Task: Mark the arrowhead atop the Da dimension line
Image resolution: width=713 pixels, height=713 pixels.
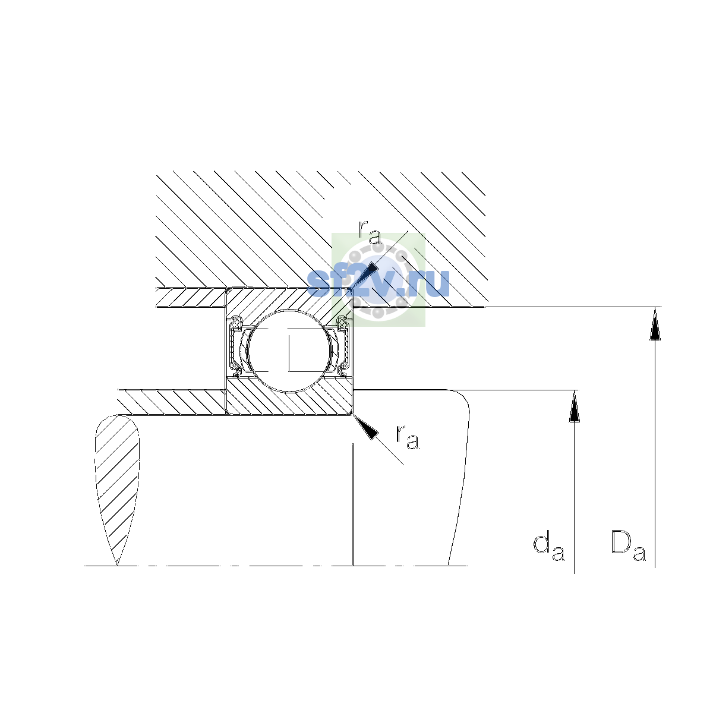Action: (655, 324)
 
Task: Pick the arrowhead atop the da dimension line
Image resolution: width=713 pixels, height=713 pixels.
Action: (574, 406)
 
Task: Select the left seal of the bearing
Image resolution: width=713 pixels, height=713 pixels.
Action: (235, 346)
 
